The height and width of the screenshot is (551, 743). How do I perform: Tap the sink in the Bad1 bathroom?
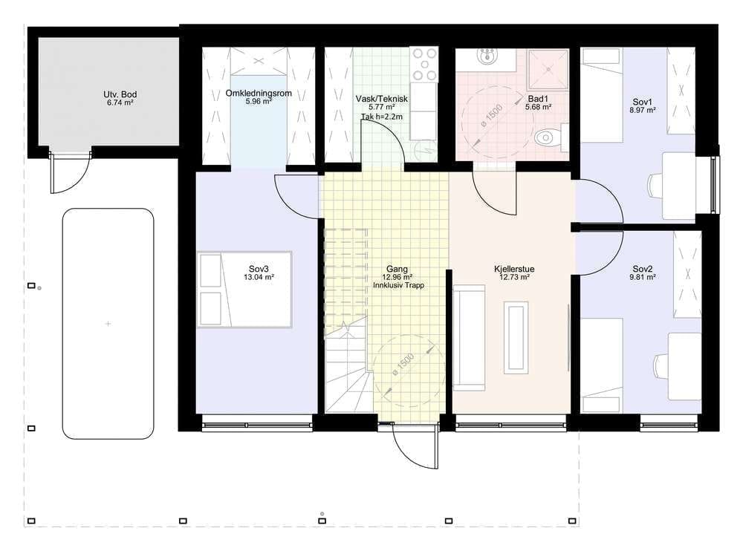coord(487,56)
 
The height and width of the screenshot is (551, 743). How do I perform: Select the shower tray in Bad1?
coord(548,69)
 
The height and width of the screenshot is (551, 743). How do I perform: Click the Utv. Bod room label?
coord(120,94)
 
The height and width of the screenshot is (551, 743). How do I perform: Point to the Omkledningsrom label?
coord(259,94)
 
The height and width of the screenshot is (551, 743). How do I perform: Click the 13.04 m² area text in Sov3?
coord(259,277)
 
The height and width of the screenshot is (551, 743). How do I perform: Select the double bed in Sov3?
coord(244,290)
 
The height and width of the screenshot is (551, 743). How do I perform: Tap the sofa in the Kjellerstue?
coord(469,338)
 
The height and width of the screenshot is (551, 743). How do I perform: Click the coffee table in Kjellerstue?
coord(516,337)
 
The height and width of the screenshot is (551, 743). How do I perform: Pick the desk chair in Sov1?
coord(655,185)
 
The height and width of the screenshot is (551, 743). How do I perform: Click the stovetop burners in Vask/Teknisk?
coord(424,64)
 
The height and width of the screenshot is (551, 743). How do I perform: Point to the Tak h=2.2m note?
coord(381,117)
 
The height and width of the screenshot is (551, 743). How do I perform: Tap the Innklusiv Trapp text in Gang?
coord(398,285)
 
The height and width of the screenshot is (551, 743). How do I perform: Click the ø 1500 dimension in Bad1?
coord(491,116)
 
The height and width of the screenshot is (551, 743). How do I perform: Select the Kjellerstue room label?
coord(514,269)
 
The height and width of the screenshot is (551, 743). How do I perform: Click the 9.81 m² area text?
coord(643,277)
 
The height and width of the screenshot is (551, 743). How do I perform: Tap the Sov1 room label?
coord(643,102)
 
